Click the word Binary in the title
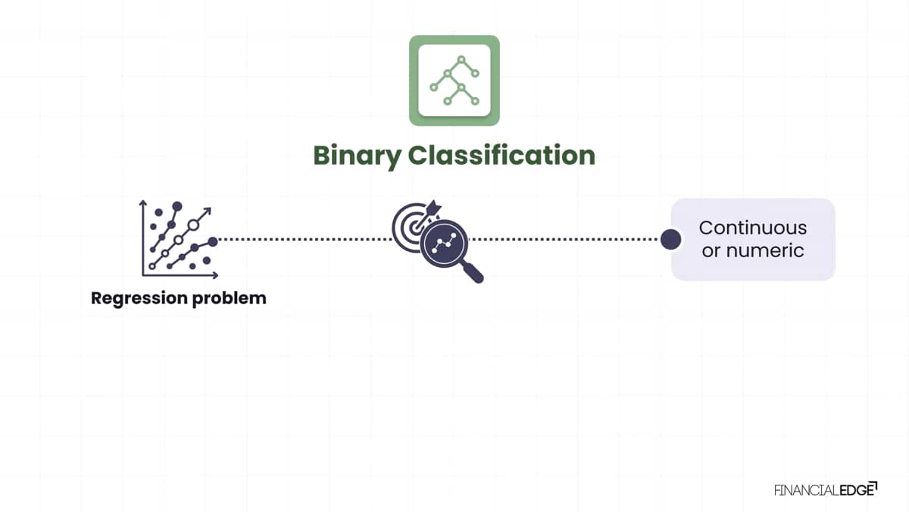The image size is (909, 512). click(x=358, y=156)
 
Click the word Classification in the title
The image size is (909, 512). click(x=501, y=155)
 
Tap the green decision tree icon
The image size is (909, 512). click(x=454, y=80)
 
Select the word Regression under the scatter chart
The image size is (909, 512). click(x=139, y=299)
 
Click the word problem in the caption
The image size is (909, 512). click(x=230, y=299)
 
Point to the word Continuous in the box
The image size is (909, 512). click(x=753, y=228)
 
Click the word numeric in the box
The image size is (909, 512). click(x=765, y=250)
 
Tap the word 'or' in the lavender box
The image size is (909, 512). click(x=711, y=251)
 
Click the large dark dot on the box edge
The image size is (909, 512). click(x=671, y=240)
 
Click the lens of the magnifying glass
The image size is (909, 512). click(x=444, y=243)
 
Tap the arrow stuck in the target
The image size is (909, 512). click(x=426, y=215)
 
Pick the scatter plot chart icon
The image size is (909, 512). click(x=179, y=240)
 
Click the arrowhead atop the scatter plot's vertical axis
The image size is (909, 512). click(x=142, y=203)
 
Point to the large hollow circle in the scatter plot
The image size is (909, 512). click(x=194, y=225)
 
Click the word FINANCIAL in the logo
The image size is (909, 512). click(x=807, y=491)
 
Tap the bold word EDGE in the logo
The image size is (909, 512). click(x=857, y=491)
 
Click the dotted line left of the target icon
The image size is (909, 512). click(x=305, y=240)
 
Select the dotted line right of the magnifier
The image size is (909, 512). click(x=564, y=240)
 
